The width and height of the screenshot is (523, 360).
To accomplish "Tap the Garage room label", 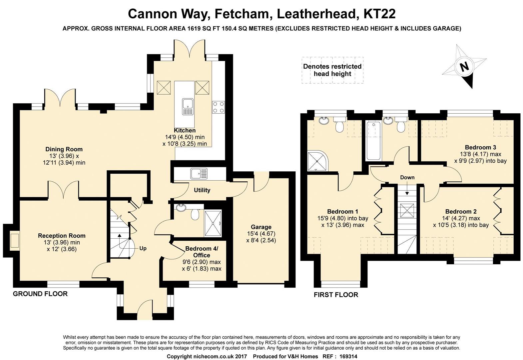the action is [x=261, y=227].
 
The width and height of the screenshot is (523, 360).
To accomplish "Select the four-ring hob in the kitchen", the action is [x=218, y=107].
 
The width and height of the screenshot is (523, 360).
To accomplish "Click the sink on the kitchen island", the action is [x=188, y=107].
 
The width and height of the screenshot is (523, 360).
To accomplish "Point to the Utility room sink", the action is [x=199, y=174].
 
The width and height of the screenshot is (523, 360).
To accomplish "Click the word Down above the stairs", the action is [x=407, y=177].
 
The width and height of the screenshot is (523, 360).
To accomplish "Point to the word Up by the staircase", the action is [x=143, y=248].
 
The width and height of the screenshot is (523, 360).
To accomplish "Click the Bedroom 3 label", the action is [x=480, y=147].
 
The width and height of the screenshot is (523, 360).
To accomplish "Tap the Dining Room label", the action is [x=64, y=149].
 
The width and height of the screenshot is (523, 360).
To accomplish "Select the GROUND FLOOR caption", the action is [x=40, y=294].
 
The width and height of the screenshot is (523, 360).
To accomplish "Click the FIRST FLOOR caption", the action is [x=336, y=295].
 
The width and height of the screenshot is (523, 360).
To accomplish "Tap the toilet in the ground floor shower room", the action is [x=195, y=212].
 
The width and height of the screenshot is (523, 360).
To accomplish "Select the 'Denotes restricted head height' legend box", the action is [x=332, y=70].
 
